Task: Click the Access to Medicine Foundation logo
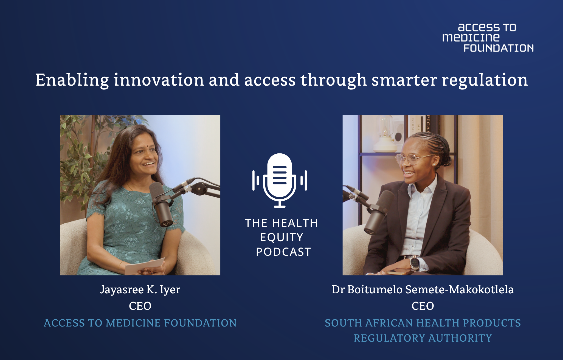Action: pyautogui.click(x=488, y=38)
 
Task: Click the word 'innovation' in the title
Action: pyautogui.click(x=159, y=80)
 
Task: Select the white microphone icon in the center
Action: pyautogui.click(x=280, y=180)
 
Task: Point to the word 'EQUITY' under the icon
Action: pyautogui.click(x=281, y=237)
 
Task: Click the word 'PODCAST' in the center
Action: pyautogui.click(x=283, y=252)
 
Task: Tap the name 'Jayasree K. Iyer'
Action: pyautogui.click(x=140, y=290)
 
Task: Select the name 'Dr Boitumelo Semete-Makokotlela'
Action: pyautogui.click(x=423, y=289)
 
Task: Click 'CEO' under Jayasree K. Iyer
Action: pyautogui.click(x=140, y=306)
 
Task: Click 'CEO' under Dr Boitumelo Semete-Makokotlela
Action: pyautogui.click(x=423, y=306)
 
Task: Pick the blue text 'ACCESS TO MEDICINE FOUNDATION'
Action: pyautogui.click(x=140, y=323)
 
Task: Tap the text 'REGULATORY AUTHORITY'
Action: pyautogui.click(x=423, y=338)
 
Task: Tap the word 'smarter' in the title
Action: pyautogui.click(x=404, y=80)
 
